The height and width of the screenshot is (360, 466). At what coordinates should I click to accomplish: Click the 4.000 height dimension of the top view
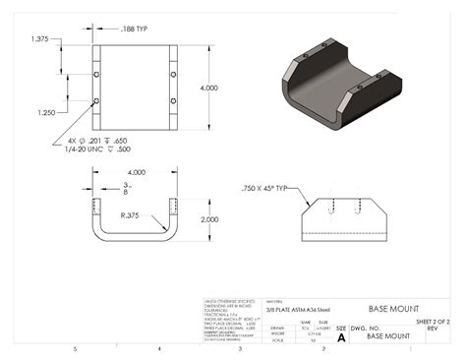[x=208, y=89]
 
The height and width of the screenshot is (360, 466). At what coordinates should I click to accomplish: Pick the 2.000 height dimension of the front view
[x=207, y=219]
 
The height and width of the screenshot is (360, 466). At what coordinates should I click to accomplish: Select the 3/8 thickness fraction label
[x=125, y=189]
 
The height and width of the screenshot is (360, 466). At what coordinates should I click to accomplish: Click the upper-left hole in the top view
[x=95, y=75]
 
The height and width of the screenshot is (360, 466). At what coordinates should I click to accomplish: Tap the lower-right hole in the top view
[x=172, y=102]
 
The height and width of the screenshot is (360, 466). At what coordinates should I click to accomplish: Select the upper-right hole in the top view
[x=172, y=75]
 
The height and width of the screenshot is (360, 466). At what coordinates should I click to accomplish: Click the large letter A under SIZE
[x=341, y=337]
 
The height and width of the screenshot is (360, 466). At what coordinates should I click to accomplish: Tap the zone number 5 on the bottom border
[x=77, y=349]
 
